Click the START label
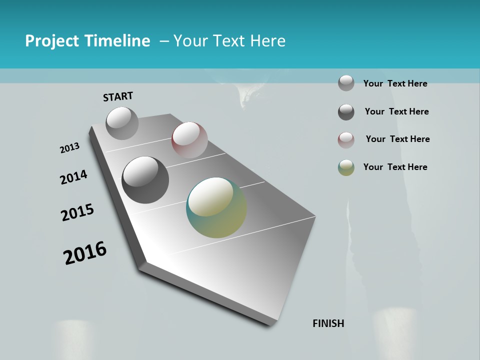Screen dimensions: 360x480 click(118, 96)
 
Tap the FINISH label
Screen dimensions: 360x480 click(328, 323)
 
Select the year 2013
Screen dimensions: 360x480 click(69, 148)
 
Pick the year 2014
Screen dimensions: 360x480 click(73, 177)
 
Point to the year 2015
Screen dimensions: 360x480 click(77, 212)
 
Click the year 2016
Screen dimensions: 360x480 click(85, 253)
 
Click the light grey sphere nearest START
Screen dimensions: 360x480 click(122, 123)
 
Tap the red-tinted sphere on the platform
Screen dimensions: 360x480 click(189, 140)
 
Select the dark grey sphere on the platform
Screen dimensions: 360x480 click(145, 180)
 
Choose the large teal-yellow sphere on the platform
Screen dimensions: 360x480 click(216, 207)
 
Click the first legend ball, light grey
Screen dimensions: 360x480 click(346, 83)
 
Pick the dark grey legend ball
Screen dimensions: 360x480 click(346, 112)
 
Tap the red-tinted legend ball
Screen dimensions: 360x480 click(346, 140)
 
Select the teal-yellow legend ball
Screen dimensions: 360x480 click(346, 167)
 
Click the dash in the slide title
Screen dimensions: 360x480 click(163, 41)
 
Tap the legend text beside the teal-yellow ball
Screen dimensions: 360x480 click(395, 167)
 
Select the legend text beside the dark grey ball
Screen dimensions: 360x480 click(396, 111)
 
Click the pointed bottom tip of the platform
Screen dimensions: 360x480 click(270, 324)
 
